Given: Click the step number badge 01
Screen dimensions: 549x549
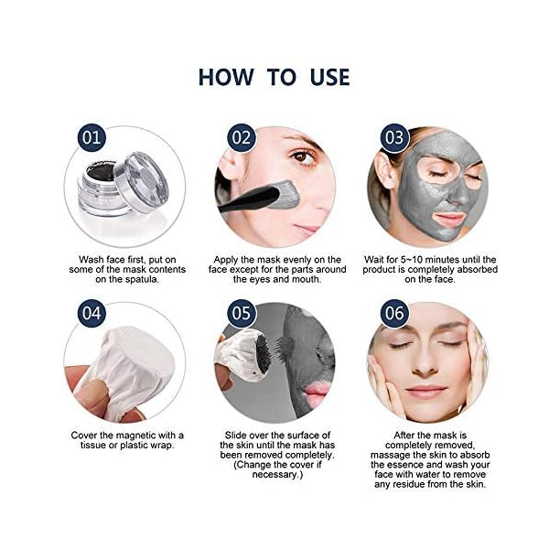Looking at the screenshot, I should (x=88, y=139).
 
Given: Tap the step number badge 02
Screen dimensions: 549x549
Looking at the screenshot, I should (x=241, y=139).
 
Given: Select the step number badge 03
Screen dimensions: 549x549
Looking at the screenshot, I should (x=393, y=139).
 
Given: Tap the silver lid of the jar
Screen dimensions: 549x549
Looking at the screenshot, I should (x=145, y=179).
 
